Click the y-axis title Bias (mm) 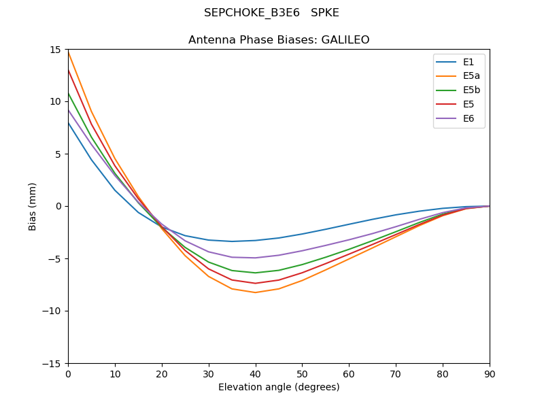tap(33, 206)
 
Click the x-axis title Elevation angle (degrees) tap(279, 388)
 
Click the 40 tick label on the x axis tap(255, 373)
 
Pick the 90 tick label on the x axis tap(489, 373)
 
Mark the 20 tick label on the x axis tap(162, 373)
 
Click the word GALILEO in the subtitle tap(339, 40)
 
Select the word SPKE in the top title tap(325, 13)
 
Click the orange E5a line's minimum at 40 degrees tap(255, 292)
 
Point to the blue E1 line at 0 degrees tap(69, 122)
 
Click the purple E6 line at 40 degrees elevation tap(255, 258)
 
